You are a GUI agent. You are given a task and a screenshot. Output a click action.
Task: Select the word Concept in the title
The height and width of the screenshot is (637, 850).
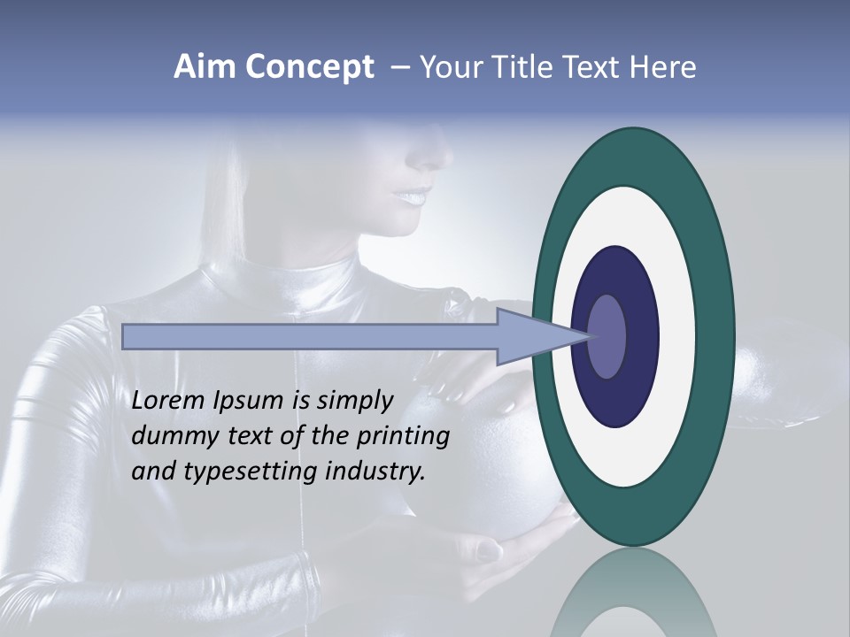point(309,67)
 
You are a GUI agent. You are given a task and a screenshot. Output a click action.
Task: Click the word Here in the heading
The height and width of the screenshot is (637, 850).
point(664,67)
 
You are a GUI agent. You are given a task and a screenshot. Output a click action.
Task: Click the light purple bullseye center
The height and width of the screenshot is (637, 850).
point(607,337)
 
